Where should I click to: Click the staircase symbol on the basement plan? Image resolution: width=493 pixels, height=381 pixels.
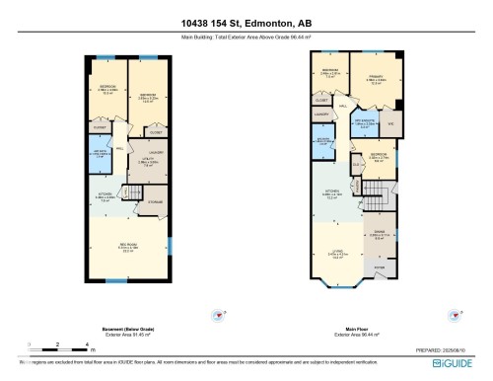click(x=127, y=192)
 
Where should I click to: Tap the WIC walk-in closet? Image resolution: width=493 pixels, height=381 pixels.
click(x=391, y=123)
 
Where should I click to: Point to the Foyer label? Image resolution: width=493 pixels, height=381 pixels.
click(x=378, y=267)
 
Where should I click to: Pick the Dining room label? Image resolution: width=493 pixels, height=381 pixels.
click(x=379, y=234)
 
